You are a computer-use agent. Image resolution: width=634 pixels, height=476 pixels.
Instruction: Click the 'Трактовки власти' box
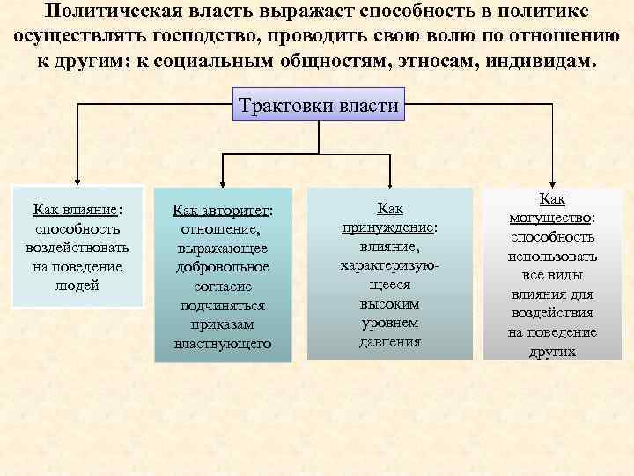[318, 107]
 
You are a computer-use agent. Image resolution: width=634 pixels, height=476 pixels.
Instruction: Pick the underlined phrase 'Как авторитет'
[222, 211]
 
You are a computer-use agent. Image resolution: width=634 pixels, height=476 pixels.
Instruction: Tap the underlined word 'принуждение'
[389, 227]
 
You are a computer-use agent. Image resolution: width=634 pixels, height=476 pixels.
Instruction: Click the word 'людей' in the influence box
[77, 285]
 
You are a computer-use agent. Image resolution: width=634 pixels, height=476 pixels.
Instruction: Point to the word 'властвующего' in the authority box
[223, 343]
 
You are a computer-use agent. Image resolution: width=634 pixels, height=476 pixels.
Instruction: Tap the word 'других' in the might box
[553, 351]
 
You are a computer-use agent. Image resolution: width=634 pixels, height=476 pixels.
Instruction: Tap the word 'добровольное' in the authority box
[223, 267]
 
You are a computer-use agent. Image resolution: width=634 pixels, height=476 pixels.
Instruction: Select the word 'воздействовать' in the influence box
[77, 248]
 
